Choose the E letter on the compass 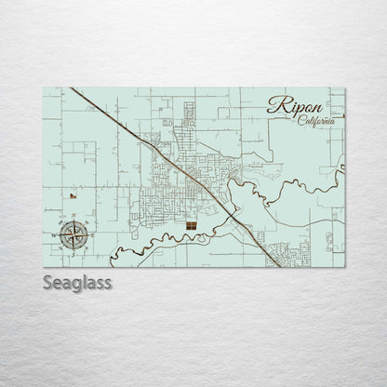(x=93, y=234)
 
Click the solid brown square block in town (x=191, y=225)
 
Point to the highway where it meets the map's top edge (x=72, y=89)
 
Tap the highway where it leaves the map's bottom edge (x=279, y=266)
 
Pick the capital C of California (x=303, y=124)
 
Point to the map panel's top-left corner (x=44, y=88)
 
